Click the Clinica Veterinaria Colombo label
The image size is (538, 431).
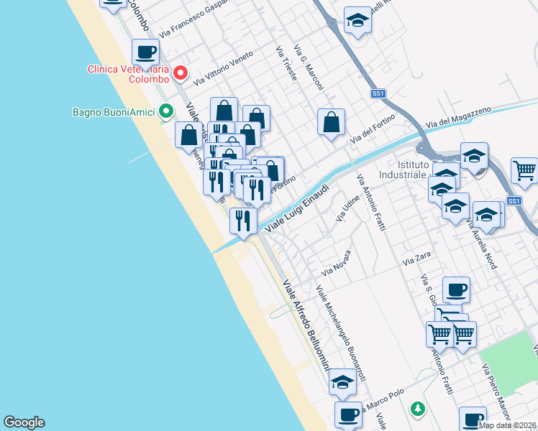128,75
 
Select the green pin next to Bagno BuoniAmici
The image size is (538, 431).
167,111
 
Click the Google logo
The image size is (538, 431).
24,422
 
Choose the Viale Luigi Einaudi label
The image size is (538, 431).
297,208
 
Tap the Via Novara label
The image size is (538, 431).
336,264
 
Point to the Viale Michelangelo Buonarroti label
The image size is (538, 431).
341,333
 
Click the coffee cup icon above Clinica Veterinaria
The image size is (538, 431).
145,52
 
